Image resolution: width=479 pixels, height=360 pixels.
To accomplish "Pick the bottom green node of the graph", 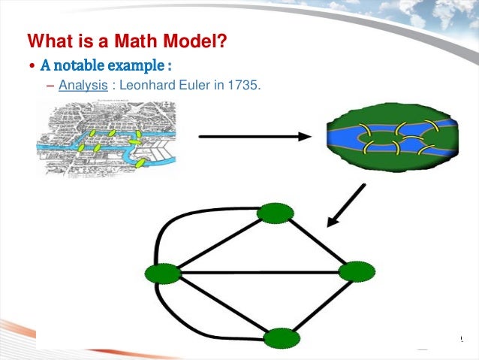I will coord(282,338).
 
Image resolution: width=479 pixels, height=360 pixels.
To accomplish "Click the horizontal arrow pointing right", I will coord(253,136).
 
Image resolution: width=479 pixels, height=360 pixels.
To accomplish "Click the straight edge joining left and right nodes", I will coord(259,272).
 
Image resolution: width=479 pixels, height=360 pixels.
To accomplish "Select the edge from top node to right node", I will coord(315,243).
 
